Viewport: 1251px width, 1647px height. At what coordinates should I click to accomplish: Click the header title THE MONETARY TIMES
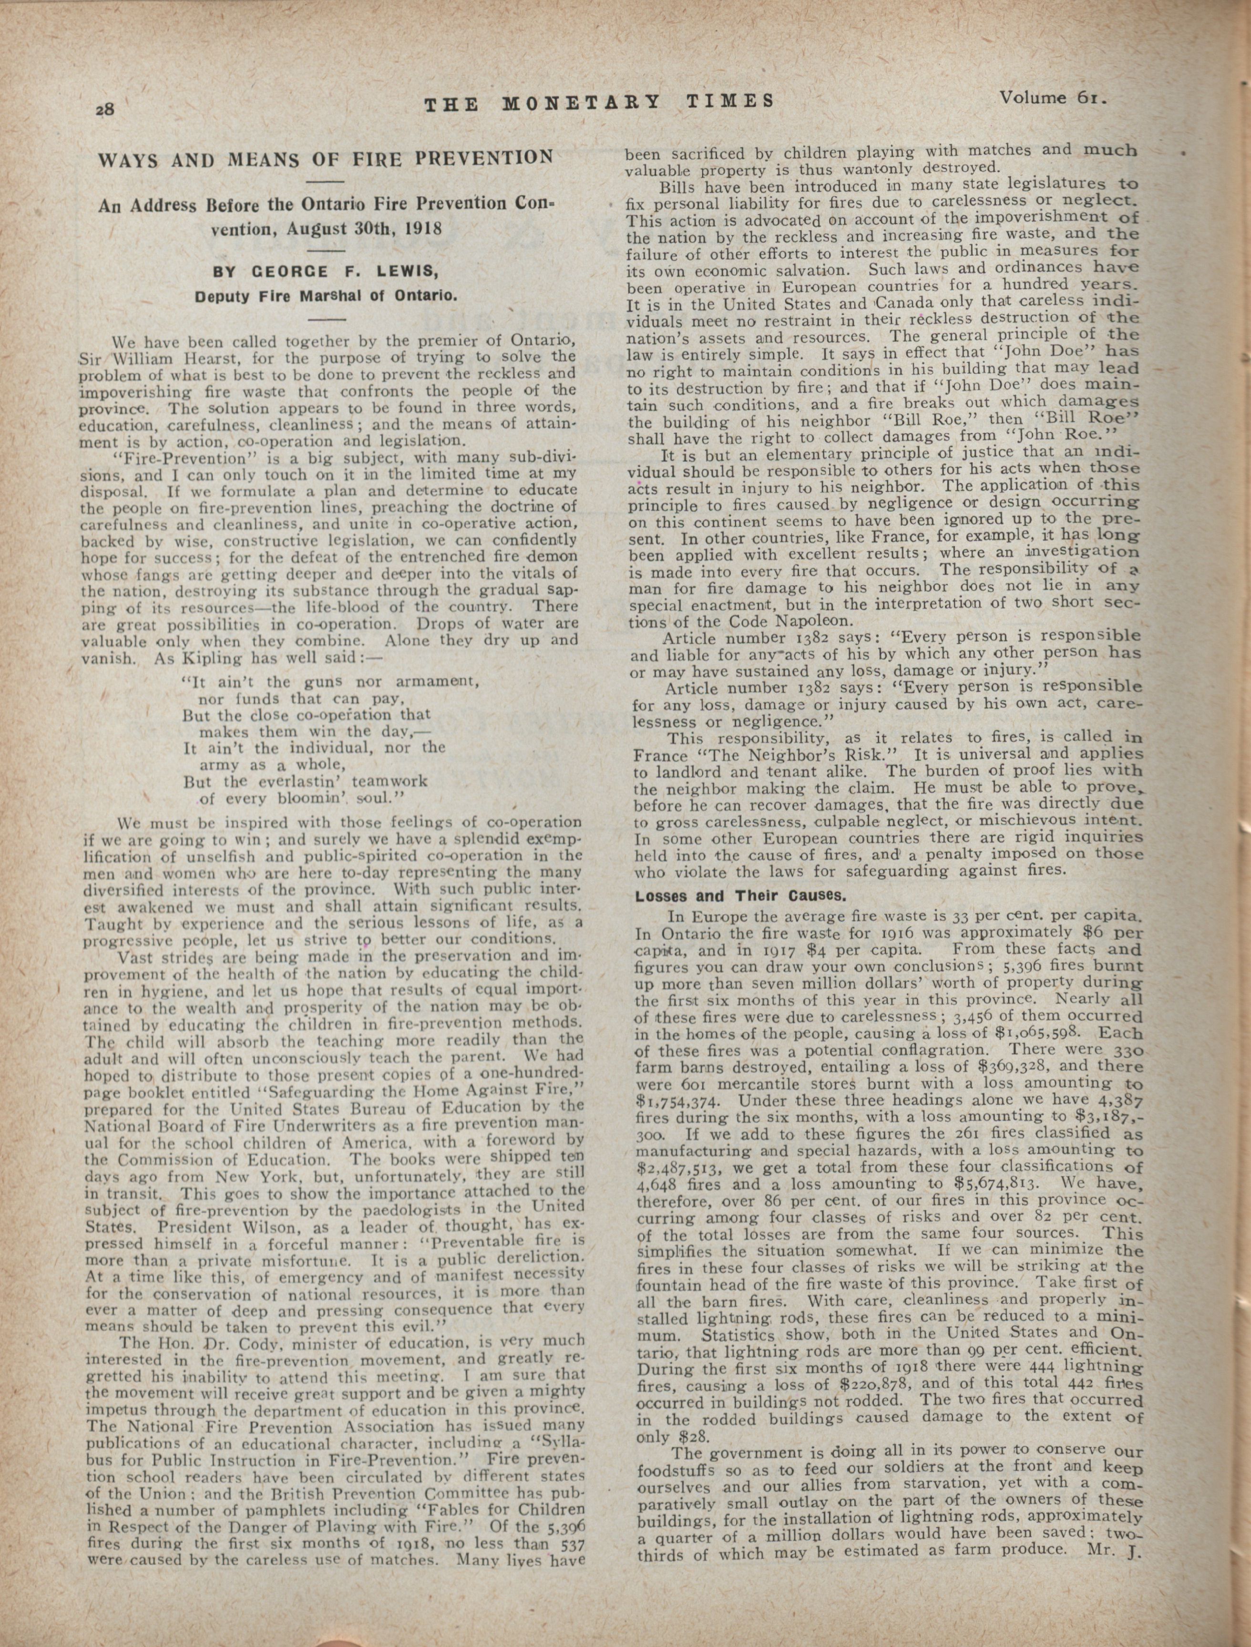pos(599,102)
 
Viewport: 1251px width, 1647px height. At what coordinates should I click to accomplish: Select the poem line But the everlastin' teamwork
pos(305,781)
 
